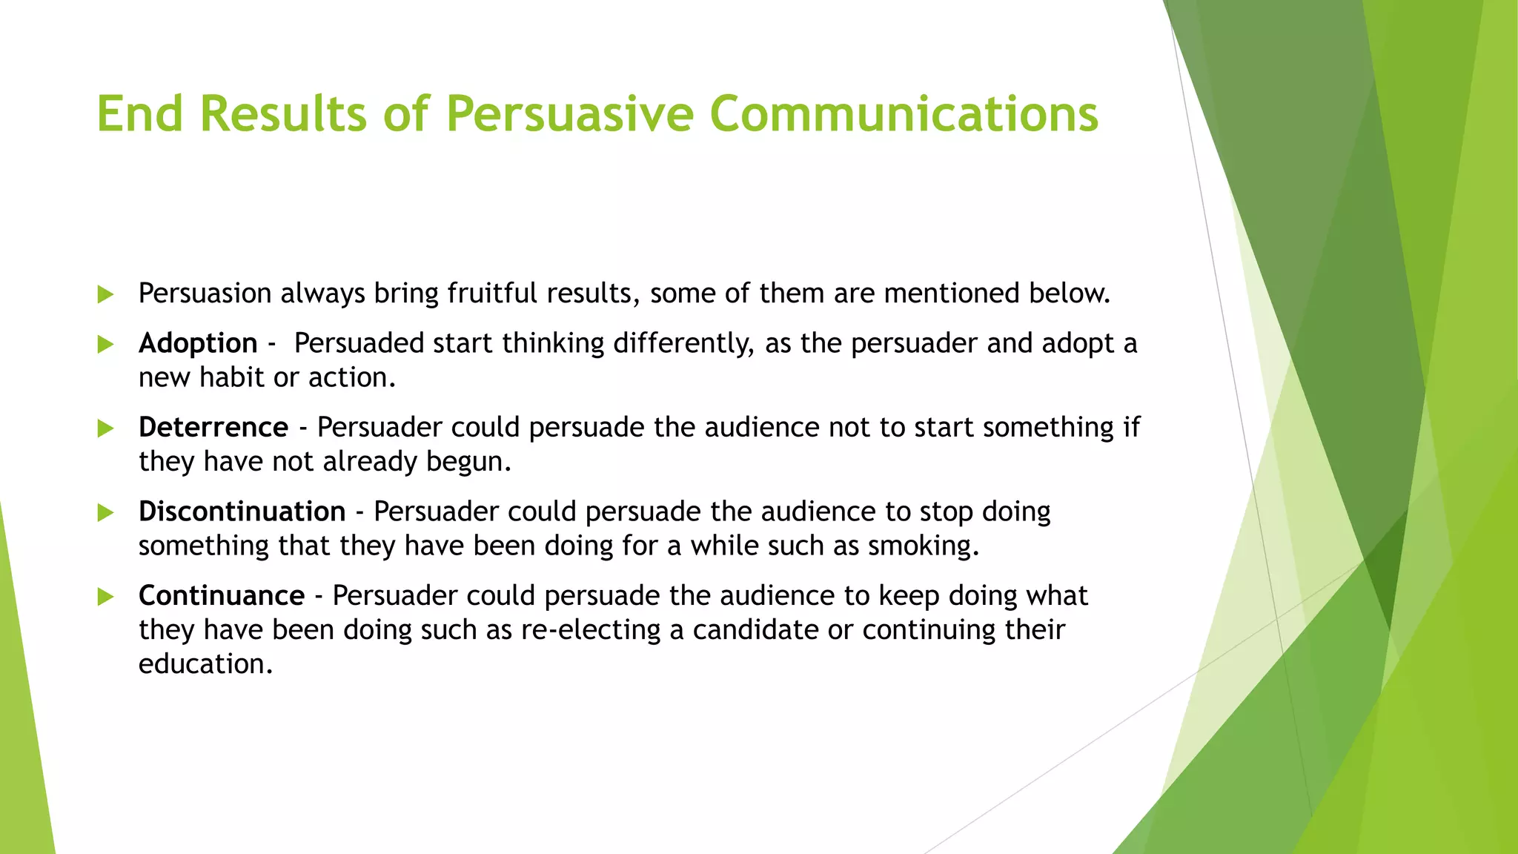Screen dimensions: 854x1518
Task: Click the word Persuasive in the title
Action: click(569, 114)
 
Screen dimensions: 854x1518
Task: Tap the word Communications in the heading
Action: click(904, 114)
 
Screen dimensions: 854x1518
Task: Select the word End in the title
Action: click(139, 114)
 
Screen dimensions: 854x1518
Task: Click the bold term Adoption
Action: click(198, 343)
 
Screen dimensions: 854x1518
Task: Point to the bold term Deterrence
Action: click(213, 428)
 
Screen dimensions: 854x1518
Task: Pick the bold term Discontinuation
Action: click(242, 512)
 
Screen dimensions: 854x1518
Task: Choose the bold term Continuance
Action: click(222, 596)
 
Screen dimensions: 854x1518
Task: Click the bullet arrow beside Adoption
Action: click(105, 344)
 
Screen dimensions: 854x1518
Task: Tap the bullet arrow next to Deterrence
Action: click(105, 428)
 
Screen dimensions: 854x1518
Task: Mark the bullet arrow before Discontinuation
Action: click(105, 512)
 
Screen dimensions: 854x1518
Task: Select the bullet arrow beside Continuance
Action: click(105, 597)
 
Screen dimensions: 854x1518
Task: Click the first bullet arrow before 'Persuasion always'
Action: click(105, 294)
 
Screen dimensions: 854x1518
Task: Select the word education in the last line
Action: click(205, 664)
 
